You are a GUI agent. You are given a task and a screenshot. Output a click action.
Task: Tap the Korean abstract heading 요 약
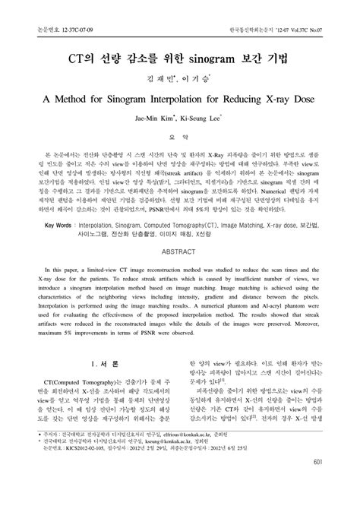click(180, 137)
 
